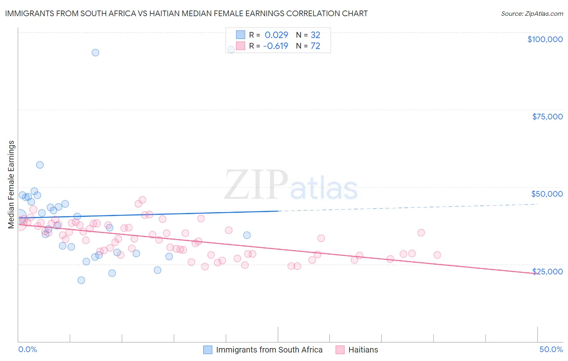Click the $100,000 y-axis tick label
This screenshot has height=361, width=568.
click(545, 39)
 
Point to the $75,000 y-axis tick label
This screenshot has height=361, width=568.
click(547, 117)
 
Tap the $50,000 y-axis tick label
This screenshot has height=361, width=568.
click(547, 194)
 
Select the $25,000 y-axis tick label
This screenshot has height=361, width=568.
click(547, 272)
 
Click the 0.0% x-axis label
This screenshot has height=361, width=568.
click(27, 349)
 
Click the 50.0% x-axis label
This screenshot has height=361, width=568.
click(551, 349)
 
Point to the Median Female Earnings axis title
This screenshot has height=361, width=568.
click(11, 185)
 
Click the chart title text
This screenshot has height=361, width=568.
click(186, 13)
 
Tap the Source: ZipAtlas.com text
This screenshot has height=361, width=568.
click(532, 14)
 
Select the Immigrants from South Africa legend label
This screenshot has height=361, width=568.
click(269, 350)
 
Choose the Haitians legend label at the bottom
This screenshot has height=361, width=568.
click(363, 350)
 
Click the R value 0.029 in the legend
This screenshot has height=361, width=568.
click(276, 35)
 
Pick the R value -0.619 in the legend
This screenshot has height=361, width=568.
click(276, 46)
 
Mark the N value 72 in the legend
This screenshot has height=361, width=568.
click(315, 46)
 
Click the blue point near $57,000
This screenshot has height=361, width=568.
click(40, 165)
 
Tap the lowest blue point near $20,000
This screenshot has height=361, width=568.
click(81, 280)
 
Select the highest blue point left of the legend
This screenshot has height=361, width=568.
click(95, 53)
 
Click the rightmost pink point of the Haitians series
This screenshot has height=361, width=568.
click(437, 255)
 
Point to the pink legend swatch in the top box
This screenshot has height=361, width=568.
click(240, 46)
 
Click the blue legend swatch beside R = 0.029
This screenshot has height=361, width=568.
click(240, 35)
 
